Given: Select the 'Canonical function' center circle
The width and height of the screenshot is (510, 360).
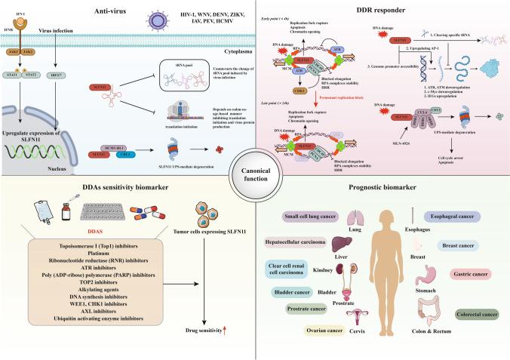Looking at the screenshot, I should coord(254,180).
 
